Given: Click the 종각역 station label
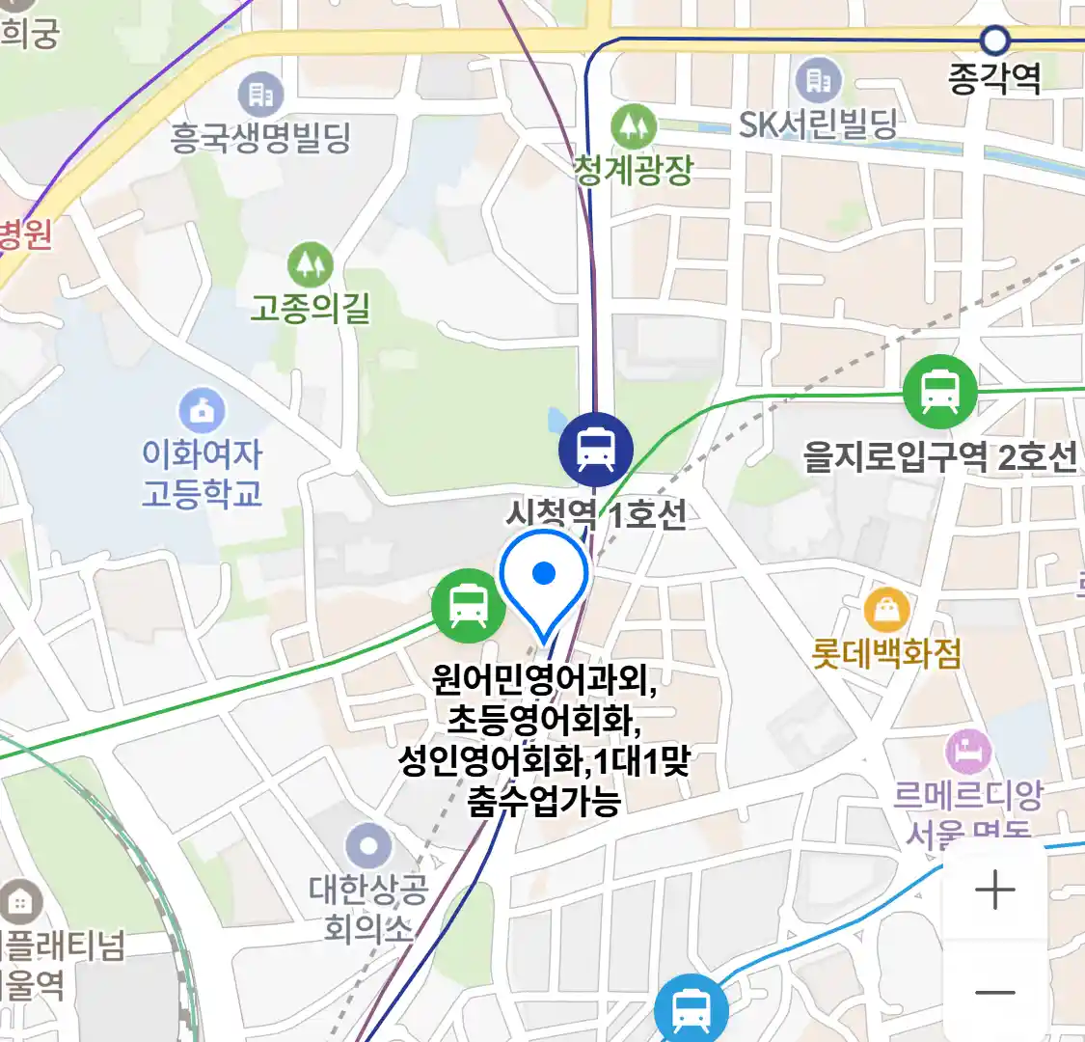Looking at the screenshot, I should tap(994, 78).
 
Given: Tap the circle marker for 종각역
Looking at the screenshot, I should tap(994, 41).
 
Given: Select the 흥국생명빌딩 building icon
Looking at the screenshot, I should tap(260, 94).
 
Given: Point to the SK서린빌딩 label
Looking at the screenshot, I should tap(818, 124).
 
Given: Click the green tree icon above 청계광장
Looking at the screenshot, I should tap(634, 126).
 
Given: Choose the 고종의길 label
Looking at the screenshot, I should tap(310, 308).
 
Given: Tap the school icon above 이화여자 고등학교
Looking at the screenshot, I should tap(202, 412).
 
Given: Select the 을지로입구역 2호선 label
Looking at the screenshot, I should tap(940, 455).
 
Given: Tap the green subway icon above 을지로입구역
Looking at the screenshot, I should tap(939, 392).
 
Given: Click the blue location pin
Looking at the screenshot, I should tap(544, 579).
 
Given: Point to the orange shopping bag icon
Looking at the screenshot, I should tap(886, 610).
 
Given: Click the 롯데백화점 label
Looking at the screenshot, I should tap(886, 654).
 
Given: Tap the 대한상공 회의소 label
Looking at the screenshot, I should tap(367, 908).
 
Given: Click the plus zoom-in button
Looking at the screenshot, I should tap(994, 890).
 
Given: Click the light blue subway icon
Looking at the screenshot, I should tap(691, 1010).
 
